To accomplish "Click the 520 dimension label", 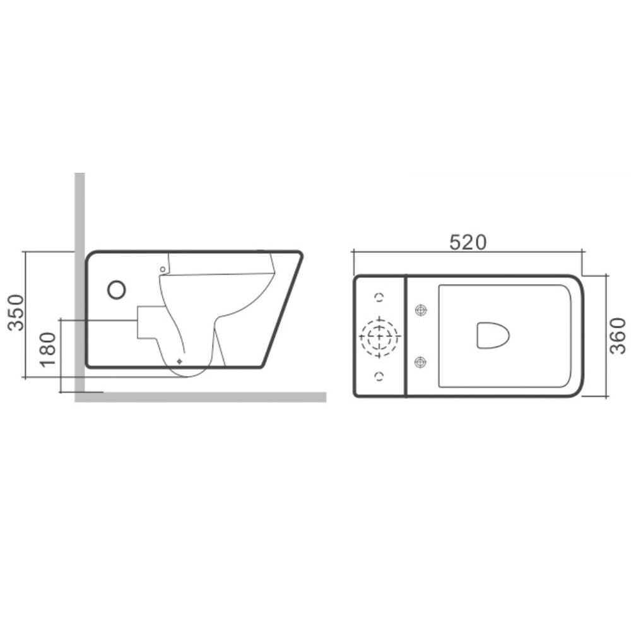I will [468, 242].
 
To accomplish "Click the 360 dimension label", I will [620, 335].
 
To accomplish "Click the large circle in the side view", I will [117, 290].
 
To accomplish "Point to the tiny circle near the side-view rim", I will [162, 269].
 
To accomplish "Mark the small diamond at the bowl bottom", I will [179, 361].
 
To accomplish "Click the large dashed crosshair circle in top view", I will [379, 336].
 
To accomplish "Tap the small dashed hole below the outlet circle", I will [379, 377].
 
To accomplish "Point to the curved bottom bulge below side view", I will [189, 373].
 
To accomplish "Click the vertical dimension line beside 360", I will [606, 335].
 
